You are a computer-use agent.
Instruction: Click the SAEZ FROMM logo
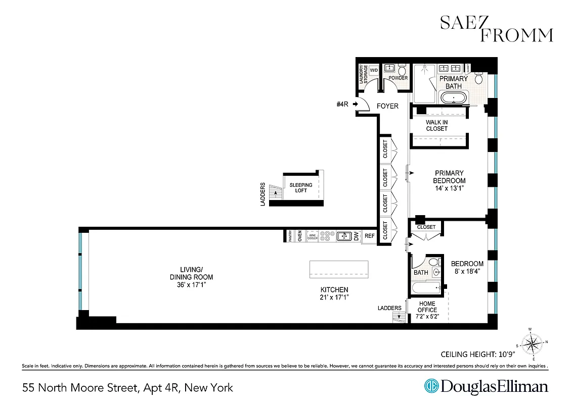(496, 29)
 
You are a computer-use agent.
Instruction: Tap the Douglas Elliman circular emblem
(431, 387)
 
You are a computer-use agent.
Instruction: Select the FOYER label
(388, 106)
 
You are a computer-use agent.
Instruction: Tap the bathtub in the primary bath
(453, 97)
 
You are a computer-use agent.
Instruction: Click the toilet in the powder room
(402, 71)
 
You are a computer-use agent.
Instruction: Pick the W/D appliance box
(374, 70)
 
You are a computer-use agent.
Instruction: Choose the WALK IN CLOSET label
(436, 125)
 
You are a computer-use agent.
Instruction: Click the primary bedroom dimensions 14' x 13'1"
(449, 188)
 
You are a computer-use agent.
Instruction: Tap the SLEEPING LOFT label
(301, 187)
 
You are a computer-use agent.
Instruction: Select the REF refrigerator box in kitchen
(369, 236)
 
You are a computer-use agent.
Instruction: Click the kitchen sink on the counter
(344, 236)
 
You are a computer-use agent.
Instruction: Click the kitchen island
(339, 269)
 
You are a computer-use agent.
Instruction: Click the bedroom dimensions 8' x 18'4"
(467, 271)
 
